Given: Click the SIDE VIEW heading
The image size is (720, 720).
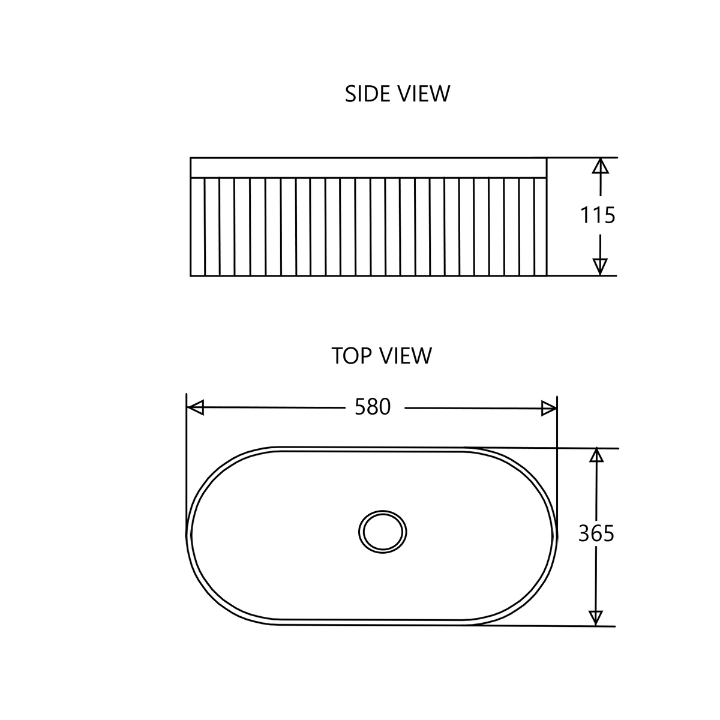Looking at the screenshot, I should tap(397, 94).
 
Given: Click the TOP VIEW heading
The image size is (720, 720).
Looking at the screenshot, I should tap(382, 356).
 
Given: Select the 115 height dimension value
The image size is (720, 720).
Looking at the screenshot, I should tap(598, 215).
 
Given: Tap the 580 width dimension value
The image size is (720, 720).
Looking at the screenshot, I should tap(373, 407).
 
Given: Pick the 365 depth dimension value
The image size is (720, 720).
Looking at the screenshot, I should tap(596, 533).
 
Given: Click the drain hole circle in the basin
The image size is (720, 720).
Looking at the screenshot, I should tap(383, 532).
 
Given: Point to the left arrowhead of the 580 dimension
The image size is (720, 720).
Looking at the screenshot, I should tap(196, 408).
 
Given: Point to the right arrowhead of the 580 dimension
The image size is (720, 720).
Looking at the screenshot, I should tap(548, 409).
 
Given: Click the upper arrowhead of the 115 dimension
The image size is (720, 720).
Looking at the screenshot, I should tap(599, 166).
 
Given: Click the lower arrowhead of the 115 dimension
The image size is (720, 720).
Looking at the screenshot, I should tap(599, 266).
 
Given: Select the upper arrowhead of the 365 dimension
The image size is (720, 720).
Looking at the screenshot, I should tap(596, 456).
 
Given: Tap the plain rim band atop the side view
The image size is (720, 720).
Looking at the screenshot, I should tap(368, 167).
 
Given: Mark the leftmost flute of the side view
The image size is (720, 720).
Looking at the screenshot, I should tap(197, 227).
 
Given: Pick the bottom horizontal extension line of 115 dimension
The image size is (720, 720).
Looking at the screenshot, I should tap(582, 276).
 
